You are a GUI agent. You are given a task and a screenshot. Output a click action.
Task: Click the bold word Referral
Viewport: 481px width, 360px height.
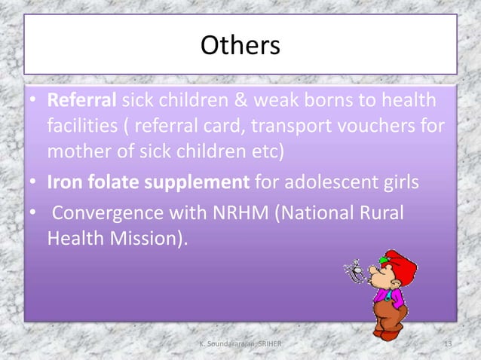pos(81,99)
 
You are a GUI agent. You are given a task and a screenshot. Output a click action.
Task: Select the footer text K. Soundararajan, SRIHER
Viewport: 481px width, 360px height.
pos(240,344)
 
